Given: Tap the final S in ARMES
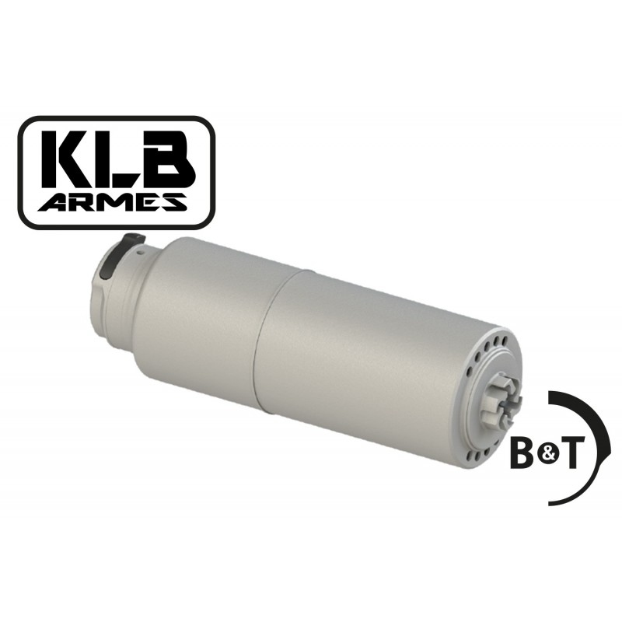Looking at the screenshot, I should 173,202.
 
